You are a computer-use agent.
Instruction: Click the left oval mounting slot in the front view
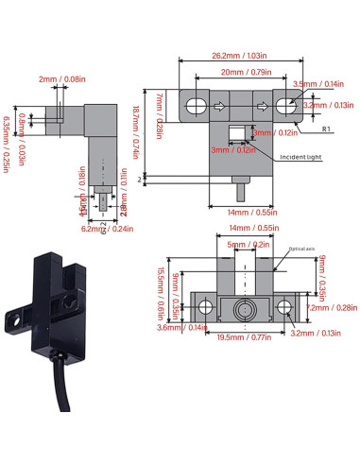198,106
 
